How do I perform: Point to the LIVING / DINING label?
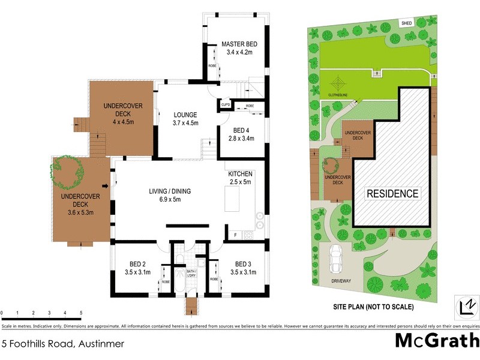click(170, 191)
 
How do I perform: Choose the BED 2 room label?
click(139, 264)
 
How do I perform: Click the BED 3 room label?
click(243, 264)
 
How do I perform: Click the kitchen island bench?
click(233, 199)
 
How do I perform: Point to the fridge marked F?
click(236, 234)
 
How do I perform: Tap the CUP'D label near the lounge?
click(226, 106)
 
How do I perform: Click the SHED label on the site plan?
click(406, 23)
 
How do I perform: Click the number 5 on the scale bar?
click(80, 313)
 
